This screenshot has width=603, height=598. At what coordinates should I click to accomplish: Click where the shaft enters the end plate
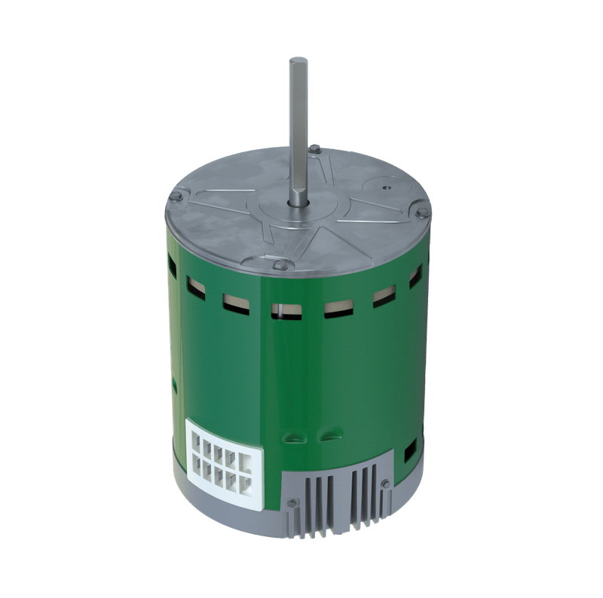296,203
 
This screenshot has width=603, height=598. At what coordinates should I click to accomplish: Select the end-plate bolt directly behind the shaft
316,151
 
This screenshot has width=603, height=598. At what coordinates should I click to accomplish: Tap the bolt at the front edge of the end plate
280,264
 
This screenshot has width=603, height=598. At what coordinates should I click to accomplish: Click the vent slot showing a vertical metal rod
286,310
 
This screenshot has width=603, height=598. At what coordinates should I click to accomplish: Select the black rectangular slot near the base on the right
410,451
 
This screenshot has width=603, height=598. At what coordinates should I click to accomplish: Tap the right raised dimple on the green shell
330,435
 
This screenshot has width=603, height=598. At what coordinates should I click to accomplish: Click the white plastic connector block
224,460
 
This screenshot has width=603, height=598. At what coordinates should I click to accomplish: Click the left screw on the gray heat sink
290,502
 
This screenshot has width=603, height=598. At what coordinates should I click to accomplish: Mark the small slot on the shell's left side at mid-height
174,386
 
